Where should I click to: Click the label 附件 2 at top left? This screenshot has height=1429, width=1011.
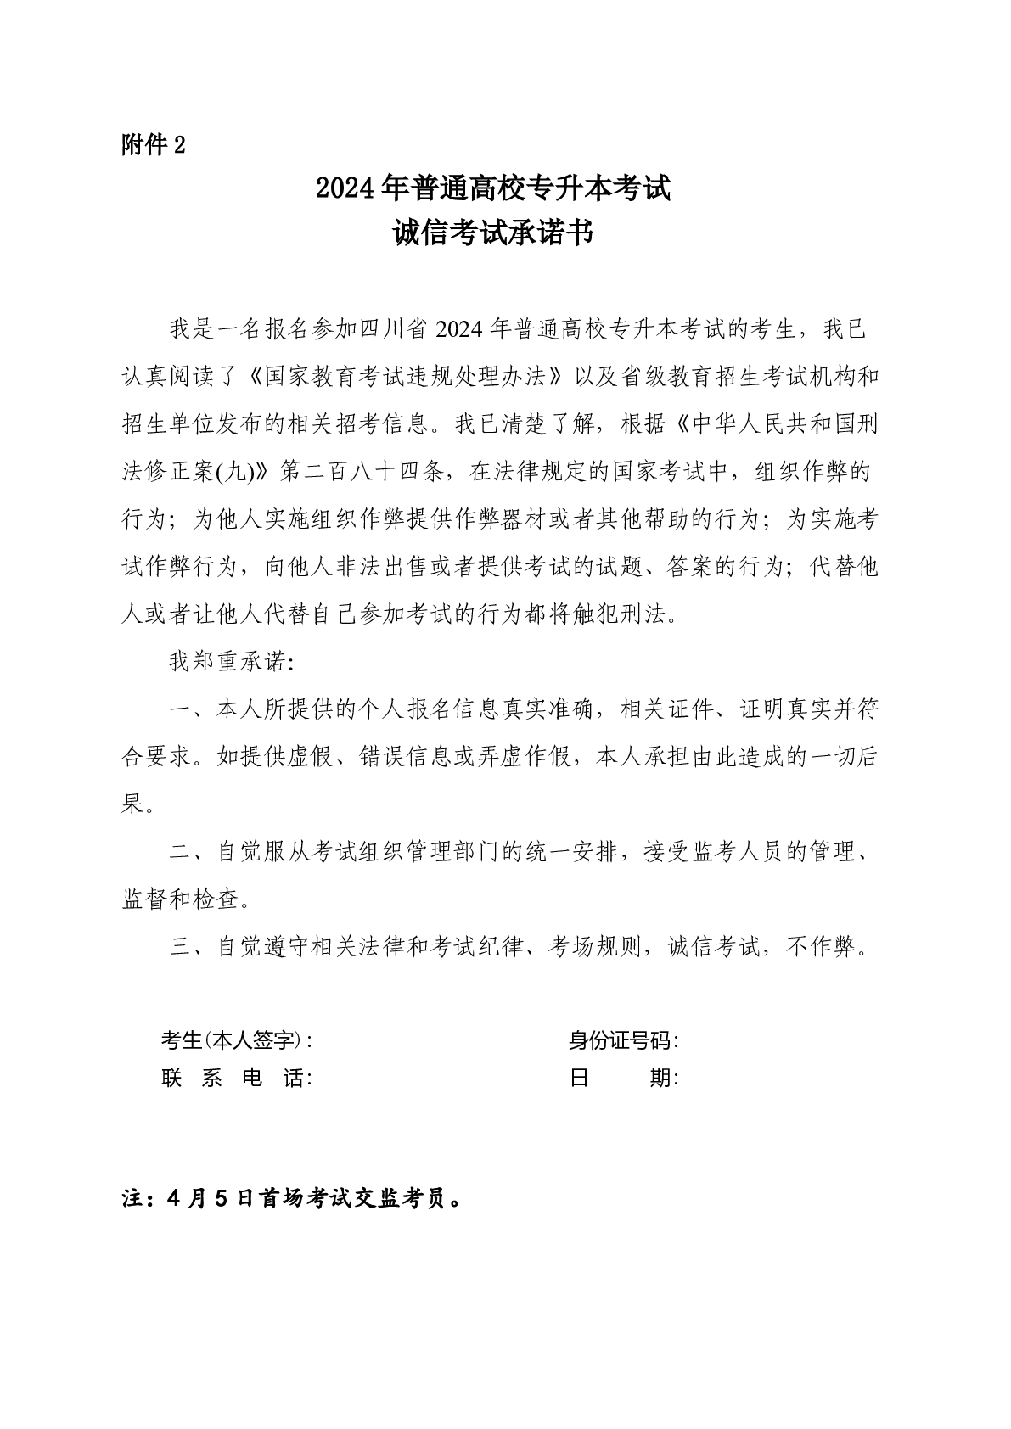coord(153,145)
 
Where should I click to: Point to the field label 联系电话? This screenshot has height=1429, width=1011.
coord(236,1079)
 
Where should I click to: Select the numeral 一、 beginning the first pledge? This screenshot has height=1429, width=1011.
coord(183,709)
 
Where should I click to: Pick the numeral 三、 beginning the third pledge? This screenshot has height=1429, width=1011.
coord(183,947)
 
